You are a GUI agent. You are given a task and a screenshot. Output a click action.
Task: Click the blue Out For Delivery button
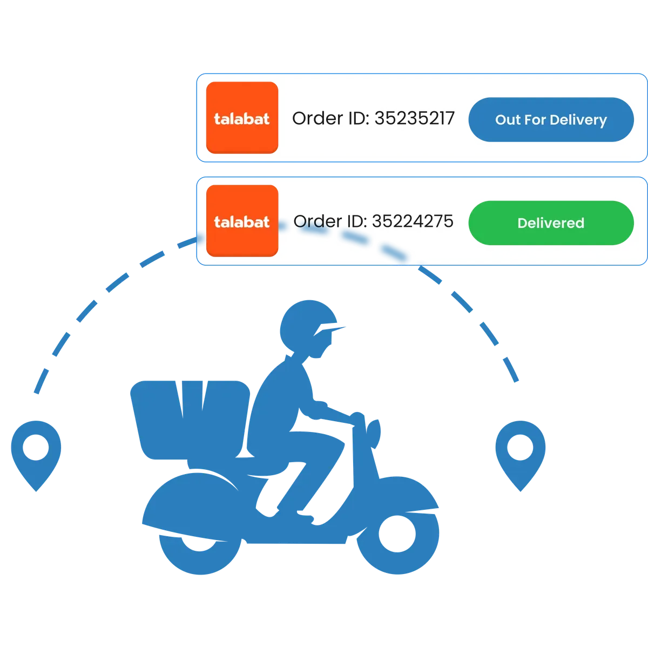tap(551, 119)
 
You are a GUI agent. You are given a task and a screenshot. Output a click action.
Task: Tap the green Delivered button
tap(551, 222)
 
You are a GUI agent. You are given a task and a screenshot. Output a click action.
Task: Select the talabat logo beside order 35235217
tap(242, 118)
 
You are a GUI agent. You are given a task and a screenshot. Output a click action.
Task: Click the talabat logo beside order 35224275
tap(242, 221)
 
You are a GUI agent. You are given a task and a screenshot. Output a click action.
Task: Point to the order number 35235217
tap(414, 118)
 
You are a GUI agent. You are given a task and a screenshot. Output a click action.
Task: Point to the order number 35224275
tap(413, 221)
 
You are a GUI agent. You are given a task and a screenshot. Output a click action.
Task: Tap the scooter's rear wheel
tap(200, 551)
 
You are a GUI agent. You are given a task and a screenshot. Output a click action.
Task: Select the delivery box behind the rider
tap(190, 420)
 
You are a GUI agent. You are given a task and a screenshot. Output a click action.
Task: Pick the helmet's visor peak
tap(331, 329)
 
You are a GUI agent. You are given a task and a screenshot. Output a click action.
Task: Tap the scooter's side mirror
tap(373, 434)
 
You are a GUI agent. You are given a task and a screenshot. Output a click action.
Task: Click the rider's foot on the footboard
tap(305, 516)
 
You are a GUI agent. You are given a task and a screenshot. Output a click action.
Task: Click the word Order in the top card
tap(313, 118)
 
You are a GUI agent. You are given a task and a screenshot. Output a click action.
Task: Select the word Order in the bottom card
tap(314, 221)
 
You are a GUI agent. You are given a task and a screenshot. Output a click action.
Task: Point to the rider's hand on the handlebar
tap(357, 418)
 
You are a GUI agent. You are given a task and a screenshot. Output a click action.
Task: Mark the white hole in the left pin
tap(36, 447)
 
